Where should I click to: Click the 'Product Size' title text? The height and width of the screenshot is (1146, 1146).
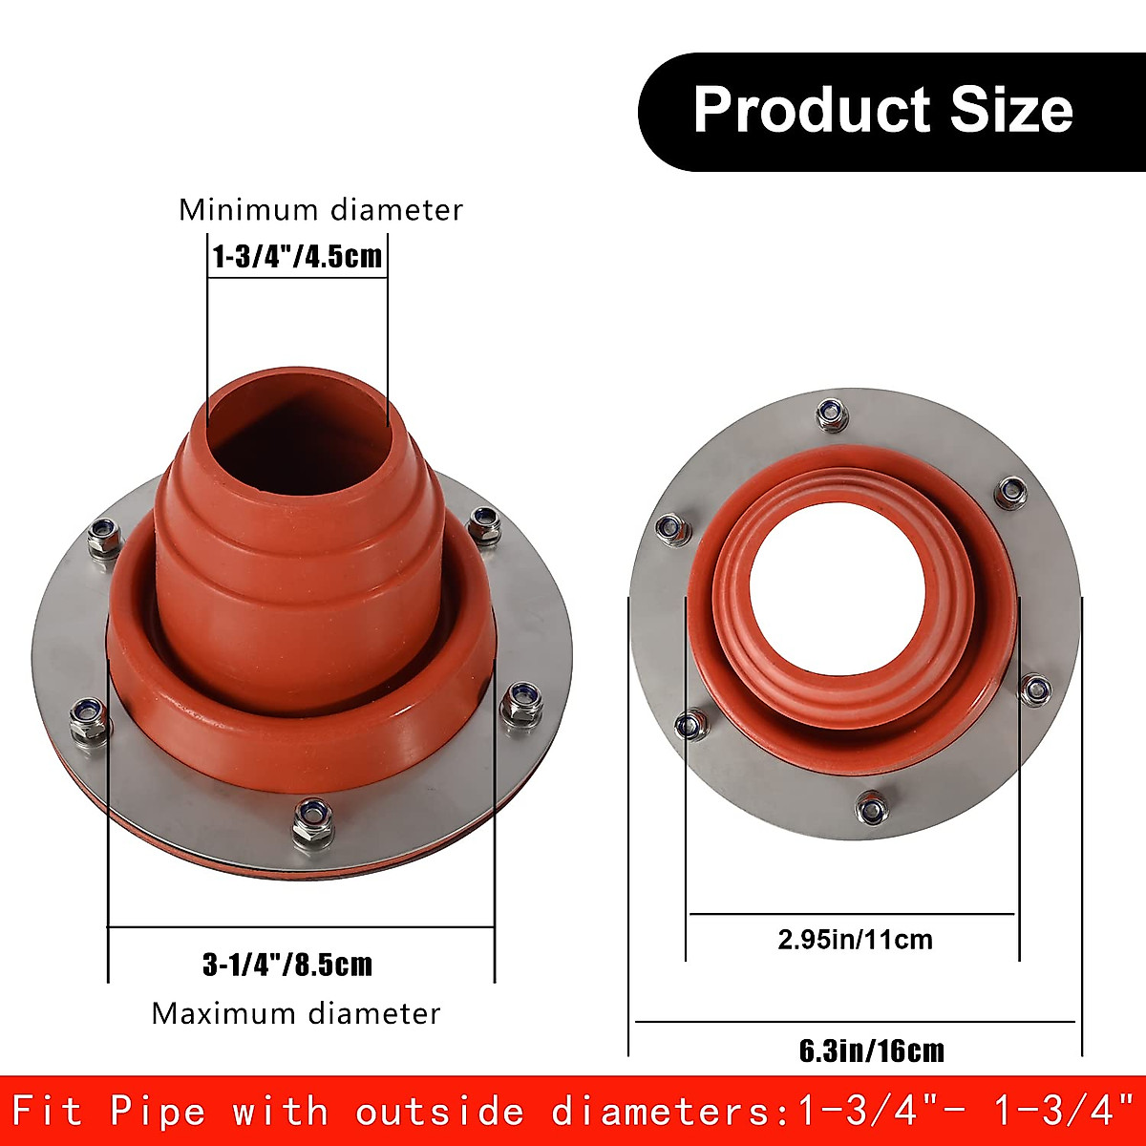pos(882,110)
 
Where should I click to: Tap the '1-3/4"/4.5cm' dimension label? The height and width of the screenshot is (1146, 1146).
pos(297,257)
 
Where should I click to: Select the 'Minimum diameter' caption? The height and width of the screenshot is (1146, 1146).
pos(321,210)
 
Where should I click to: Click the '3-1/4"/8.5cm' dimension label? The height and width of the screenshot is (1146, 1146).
pos(287,965)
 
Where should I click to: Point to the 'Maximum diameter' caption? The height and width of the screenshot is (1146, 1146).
pos(296,1013)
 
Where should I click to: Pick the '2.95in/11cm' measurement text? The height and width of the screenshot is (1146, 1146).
pos(855,940)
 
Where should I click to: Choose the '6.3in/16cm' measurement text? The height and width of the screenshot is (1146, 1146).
pos(871,1051)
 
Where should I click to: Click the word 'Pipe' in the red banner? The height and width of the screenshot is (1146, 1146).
pos(158,1112)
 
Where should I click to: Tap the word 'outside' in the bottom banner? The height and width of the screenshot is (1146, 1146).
pos(440,1112)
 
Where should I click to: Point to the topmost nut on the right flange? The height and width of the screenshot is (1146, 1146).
pos(832,414)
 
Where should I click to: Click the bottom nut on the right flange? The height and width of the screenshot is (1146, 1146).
pos(870,809)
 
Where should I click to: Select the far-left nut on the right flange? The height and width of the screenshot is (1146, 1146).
pos(672,529)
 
